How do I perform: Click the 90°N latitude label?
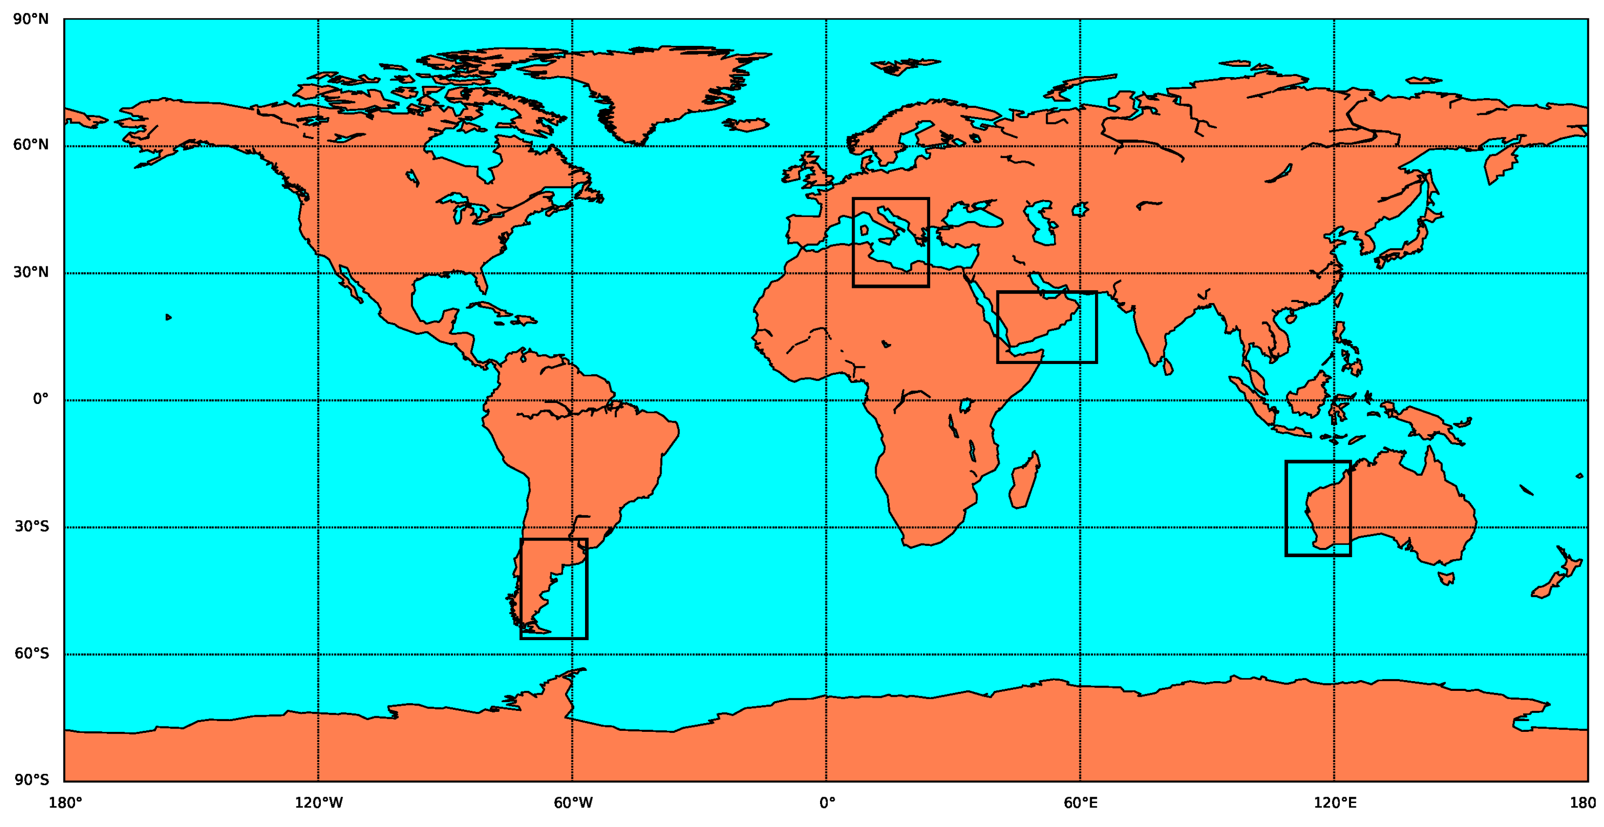tap(31, 20)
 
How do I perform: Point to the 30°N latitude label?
tap(31, 272)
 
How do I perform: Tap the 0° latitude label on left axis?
tap(40, 399)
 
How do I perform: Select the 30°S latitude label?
tap(31, 526)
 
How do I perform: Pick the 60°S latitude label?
tap(31, 654)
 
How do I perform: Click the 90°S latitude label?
tap(31, 780)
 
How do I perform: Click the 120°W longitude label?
tap(318, 803)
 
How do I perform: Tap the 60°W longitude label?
tap(573, 803)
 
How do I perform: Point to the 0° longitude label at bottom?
tap(827, 803)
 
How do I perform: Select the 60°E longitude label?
tap(1080, 803)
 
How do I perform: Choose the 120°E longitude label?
tap(1334, 803)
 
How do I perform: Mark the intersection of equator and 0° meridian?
tap(826, 400)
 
